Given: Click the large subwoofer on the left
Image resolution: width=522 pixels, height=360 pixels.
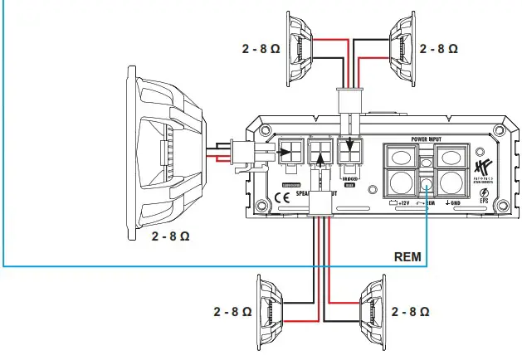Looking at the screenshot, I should coord(166,153).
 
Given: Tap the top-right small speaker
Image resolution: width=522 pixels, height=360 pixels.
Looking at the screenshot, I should coord(402,47).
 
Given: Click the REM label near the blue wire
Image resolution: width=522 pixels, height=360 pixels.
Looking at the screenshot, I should coord(408,257).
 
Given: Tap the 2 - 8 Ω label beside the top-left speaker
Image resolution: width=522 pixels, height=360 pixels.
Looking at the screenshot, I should coord(261,49).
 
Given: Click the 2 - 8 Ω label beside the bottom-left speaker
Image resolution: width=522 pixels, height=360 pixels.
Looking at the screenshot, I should coord(232,312).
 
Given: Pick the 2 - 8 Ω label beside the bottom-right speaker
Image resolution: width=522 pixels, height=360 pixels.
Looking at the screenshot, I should coord(410,312).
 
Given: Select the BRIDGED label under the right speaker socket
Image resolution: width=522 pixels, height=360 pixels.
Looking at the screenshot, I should coord(351,178).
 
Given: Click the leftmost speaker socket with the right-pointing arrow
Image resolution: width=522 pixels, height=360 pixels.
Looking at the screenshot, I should coord(290,153).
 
